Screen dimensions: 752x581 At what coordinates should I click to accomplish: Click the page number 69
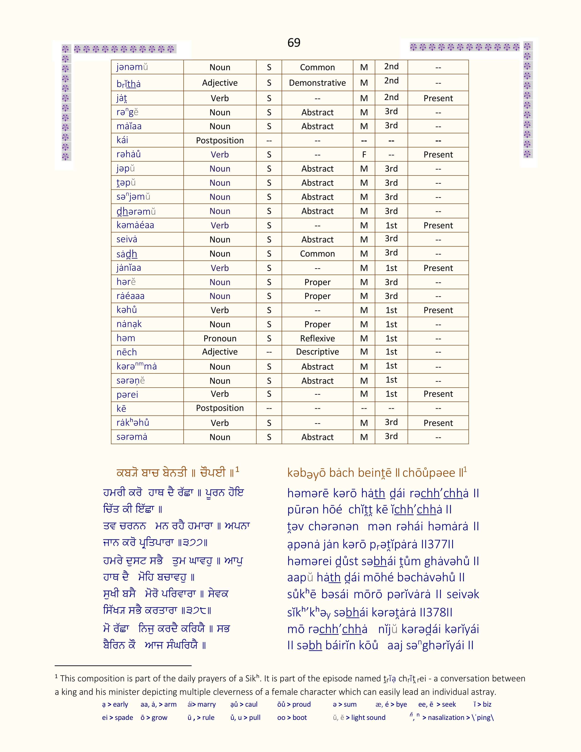tap(294, 43)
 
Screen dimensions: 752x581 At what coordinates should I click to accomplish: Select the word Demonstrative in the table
tap(317, 83)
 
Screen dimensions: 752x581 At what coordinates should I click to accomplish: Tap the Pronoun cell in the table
tap(220, 338)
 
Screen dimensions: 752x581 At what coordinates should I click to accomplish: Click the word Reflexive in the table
tap(317, 338)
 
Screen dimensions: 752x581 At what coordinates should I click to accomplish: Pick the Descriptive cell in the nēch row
tap(317, 352)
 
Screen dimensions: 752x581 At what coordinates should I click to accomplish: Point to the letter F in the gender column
tap(364, 155)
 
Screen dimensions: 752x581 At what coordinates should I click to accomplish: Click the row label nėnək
tap(129, 324)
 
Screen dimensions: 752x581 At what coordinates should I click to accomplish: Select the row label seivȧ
tap(127, 239)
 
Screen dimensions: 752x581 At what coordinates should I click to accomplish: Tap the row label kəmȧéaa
tap(135, 225)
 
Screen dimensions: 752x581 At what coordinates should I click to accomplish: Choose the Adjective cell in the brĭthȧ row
tap(220, 83)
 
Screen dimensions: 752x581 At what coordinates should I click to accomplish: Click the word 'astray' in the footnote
tap(483, 692)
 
